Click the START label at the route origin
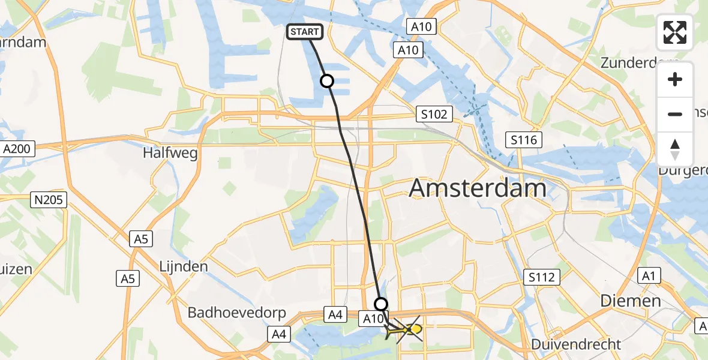click(x=306, y=32)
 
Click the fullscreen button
click(x=675, y=32)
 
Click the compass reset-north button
click(x=675, y=149)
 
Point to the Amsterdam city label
click(x=478, y=188)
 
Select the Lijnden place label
click(x=184, y=266)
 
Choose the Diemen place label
click(x=632, y=301)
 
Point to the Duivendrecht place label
click(x=576, y=344)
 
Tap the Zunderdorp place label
click(x=639, y=63)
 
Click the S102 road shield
click(x=434, y=114)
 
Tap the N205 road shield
click(x=49, y=200)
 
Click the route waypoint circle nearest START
click(x=327, y=81)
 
